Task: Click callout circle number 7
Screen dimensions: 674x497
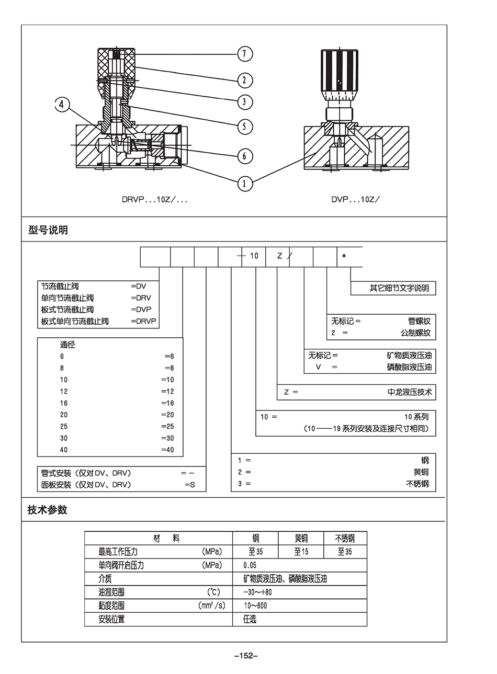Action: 244,54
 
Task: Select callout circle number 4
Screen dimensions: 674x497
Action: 62,105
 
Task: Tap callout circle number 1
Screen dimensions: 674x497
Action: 244,183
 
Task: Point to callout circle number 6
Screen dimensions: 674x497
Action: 244,156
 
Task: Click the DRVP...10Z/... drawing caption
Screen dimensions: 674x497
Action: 154,199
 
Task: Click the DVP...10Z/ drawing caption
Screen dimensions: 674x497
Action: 355,199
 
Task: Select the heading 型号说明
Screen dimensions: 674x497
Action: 48,230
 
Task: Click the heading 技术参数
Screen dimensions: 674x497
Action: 48,510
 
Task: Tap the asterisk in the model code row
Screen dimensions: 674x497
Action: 344,256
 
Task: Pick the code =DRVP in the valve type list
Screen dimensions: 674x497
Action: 144,321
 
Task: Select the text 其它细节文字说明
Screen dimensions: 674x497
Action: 399,288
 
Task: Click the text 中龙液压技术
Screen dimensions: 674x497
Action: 410,392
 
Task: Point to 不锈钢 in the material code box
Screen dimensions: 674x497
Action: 417,484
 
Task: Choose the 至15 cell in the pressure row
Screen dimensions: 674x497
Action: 301,552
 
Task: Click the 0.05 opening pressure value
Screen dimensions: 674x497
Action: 250,565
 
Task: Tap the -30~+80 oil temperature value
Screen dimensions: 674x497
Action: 257,592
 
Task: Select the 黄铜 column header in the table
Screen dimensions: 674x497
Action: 301,538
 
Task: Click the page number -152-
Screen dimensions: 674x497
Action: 246,656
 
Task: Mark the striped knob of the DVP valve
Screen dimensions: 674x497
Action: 340,71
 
